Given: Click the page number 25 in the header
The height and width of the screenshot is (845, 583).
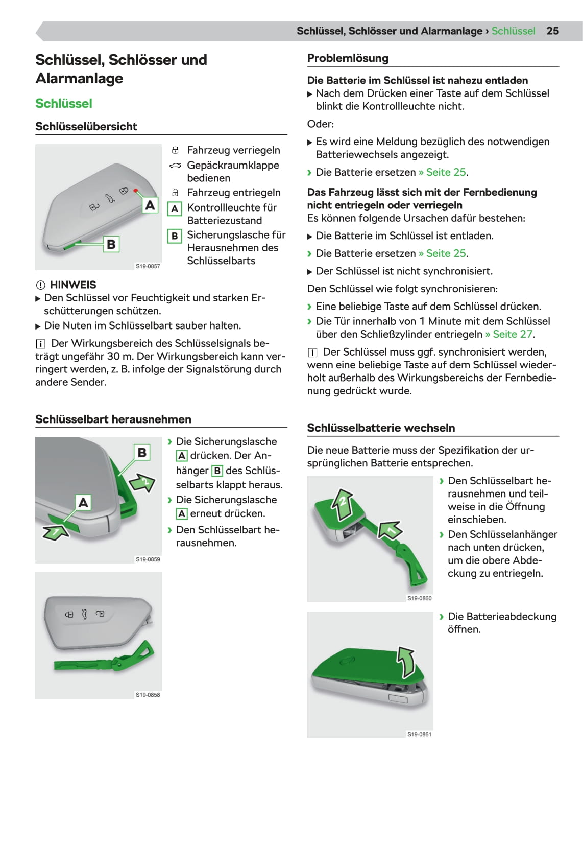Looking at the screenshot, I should pos(552,31).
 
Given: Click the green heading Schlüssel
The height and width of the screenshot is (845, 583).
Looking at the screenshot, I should pos(64,104).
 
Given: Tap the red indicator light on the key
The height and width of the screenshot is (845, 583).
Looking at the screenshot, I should pos(136,191).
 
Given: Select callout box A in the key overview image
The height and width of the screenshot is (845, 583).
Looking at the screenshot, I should pos(150,205).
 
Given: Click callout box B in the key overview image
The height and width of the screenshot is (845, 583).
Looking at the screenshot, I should pos(111,244).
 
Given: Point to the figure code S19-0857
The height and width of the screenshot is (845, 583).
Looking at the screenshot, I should pos(148,266).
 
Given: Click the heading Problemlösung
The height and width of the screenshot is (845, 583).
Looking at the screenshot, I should pos(348,58).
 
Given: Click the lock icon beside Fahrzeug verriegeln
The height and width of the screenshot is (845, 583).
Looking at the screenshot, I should pos(175,150).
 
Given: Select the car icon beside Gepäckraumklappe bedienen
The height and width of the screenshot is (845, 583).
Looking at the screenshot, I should pos(175,166).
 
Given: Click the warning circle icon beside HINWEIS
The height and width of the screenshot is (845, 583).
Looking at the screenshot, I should pos(40,285).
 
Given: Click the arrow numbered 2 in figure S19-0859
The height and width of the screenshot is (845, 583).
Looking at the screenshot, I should pos(142,482).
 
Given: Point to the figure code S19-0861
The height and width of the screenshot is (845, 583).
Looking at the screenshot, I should pos(419,734).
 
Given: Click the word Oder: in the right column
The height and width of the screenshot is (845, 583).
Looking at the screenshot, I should pos(320,124).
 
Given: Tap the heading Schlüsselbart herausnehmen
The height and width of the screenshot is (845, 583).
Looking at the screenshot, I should pos(113,419).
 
